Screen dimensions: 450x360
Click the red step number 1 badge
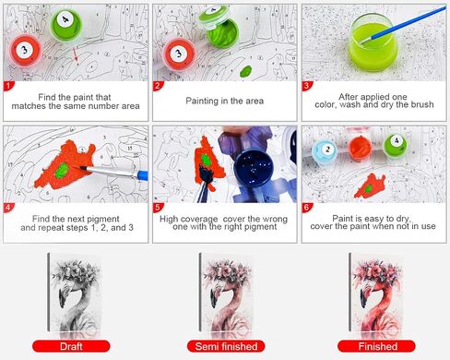click(x=8, y=86)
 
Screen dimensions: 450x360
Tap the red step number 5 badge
click(x=158, y=208)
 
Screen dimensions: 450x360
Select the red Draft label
click(x=71, y=346)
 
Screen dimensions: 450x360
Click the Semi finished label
click(x=226, y=346)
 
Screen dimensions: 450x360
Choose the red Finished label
click(x=376, y=346)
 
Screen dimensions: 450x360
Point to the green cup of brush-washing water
click(x=373, y=42)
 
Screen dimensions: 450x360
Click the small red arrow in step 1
click(x=76, y=54)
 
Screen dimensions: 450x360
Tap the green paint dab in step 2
click(x=245, y=71)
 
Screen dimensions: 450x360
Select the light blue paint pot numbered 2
click(x=325, y=150)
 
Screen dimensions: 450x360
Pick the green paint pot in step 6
click(x=395, y=145)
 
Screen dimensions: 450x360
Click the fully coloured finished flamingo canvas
click(x=376, y=293)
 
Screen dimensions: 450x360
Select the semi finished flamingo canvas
click(x=227, y=293)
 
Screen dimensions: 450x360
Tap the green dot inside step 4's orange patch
click(x=63, y=171)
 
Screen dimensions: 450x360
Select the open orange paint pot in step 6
click(x=360, y=149)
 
